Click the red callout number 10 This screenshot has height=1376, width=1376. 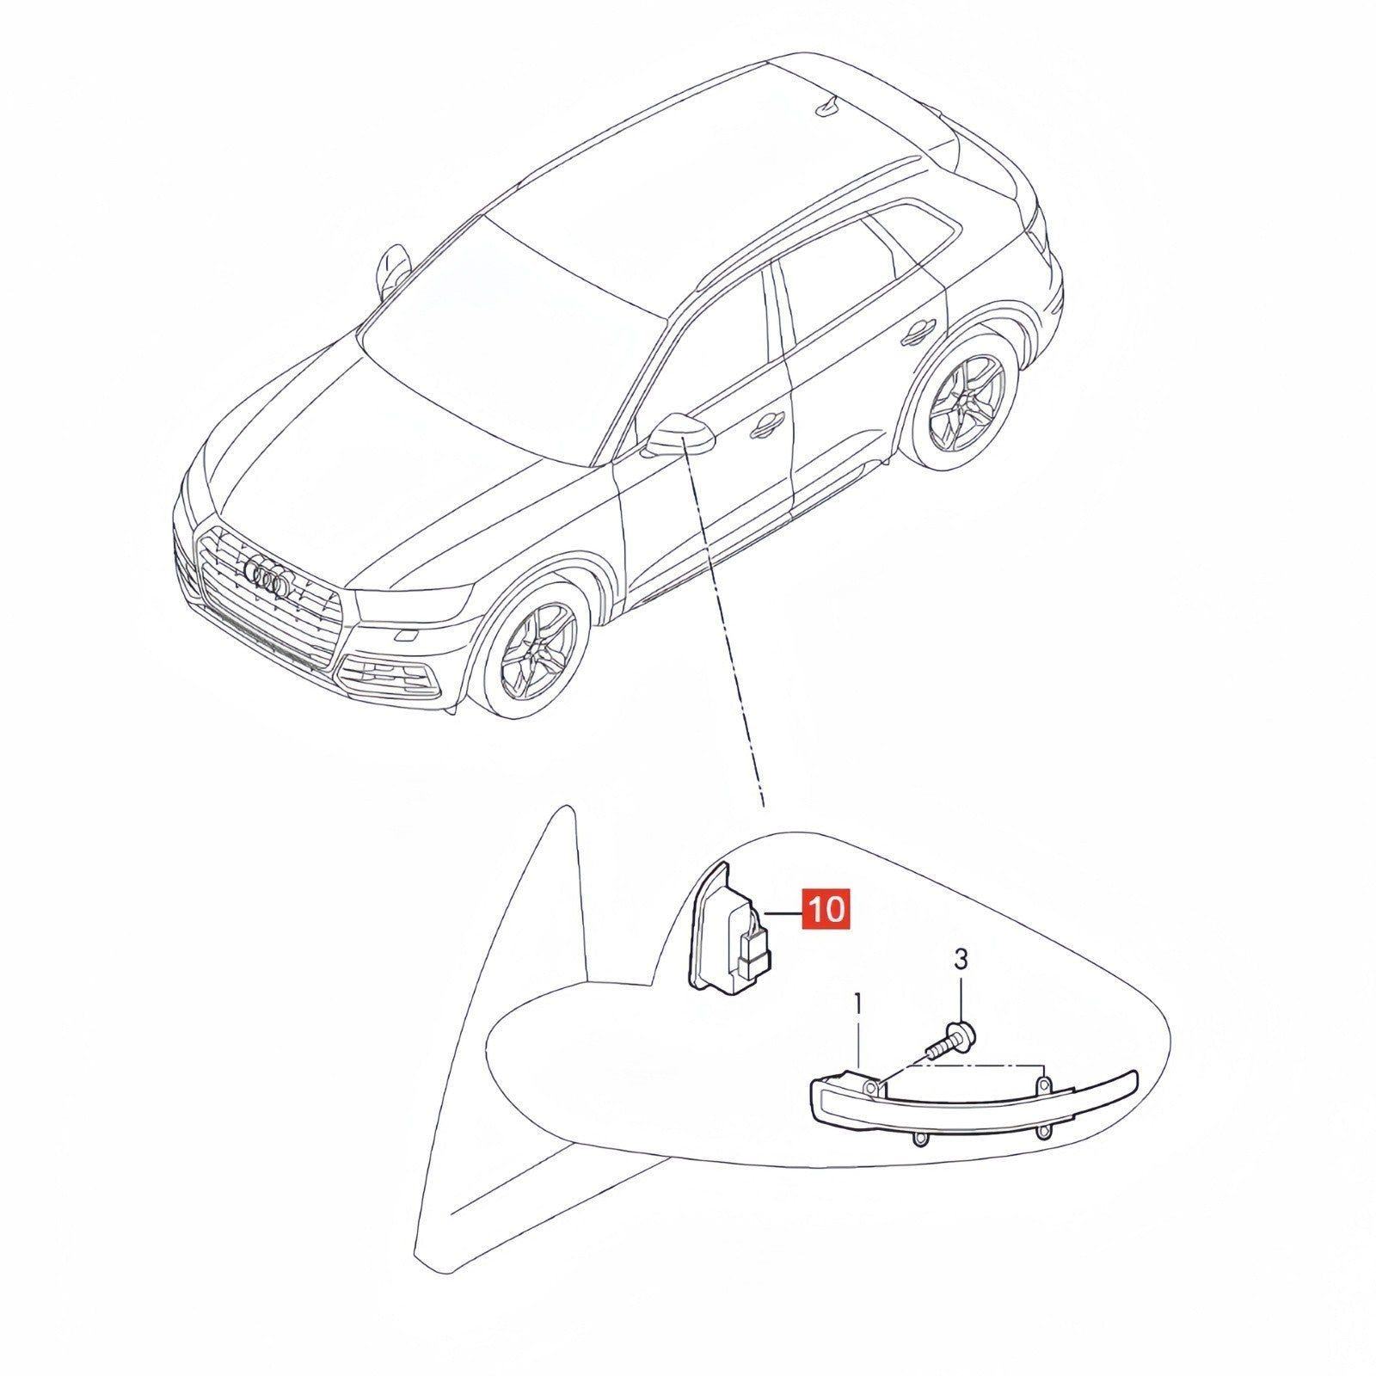click(826, 908)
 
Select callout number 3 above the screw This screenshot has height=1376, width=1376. click(961, 958)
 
